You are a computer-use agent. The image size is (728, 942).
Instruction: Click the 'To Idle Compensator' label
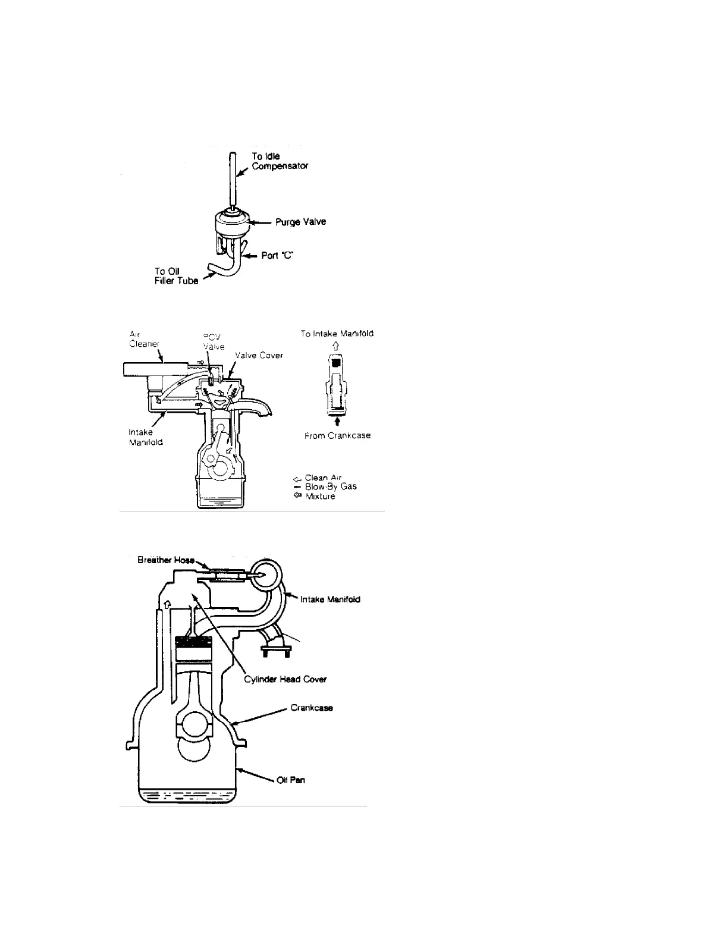tap(280, 161)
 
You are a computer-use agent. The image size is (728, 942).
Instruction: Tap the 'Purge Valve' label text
tap(300, 222)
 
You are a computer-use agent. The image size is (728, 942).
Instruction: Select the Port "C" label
tap(278, 256)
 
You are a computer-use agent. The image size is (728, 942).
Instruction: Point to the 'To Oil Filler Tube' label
tap(176, 277)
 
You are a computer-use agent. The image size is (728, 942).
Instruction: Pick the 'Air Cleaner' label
tap(145, 339)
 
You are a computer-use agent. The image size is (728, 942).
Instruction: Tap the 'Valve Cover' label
tap(259, 356)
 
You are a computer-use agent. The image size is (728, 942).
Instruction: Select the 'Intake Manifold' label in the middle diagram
tap(146, 437)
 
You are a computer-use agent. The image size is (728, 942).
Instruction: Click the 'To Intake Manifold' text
tap(337, 334)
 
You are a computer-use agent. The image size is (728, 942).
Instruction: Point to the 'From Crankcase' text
tap(337, 435)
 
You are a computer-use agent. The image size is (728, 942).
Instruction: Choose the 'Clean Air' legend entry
tap(323, 478)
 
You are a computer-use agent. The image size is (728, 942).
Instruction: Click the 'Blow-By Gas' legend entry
tap(331, 486)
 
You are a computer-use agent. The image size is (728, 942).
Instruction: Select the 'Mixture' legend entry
tap(320, 496)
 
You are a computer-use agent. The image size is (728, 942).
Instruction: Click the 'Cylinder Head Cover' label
tap(285, 679)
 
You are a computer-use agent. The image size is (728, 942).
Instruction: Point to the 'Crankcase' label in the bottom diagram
tap(311, 708)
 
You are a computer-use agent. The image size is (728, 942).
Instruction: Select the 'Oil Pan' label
tap(291, 780)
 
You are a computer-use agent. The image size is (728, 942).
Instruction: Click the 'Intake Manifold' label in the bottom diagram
tap(330, 599)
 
